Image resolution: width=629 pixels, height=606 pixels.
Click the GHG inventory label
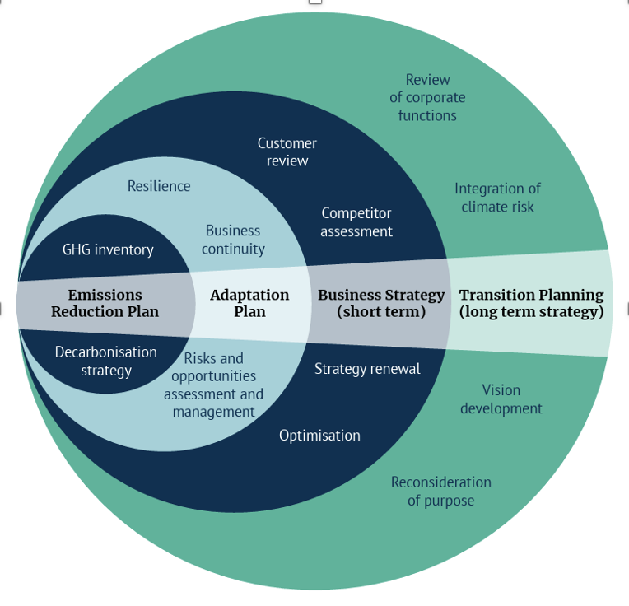point(108,249)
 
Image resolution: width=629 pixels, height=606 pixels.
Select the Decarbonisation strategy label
point(105,361)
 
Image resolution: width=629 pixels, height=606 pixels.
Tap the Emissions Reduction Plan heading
point(105,303)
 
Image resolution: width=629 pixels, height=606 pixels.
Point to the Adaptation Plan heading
point(249,303)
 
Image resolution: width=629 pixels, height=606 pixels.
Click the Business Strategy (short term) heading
point(381,303)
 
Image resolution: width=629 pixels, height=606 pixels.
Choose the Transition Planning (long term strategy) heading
point(531,303)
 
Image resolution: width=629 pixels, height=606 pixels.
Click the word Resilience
point(159,186)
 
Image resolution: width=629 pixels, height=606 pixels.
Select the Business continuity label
point(233,240)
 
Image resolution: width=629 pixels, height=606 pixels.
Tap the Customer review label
point(287,151)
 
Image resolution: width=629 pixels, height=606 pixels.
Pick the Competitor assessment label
point(356,222)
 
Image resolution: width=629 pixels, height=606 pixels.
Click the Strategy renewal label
point(367,369)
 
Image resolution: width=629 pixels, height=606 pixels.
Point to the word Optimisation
point(319,435)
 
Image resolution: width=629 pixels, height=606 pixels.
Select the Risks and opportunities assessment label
point(213,385)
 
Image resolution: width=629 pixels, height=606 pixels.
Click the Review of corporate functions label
point(427,97)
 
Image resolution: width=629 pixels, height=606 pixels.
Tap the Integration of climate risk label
point(497,198)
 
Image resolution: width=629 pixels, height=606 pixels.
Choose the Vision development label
point(501,399)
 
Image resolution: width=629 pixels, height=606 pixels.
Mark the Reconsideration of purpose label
point(440,491)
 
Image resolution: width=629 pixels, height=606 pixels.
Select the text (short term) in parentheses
point(381,312)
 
